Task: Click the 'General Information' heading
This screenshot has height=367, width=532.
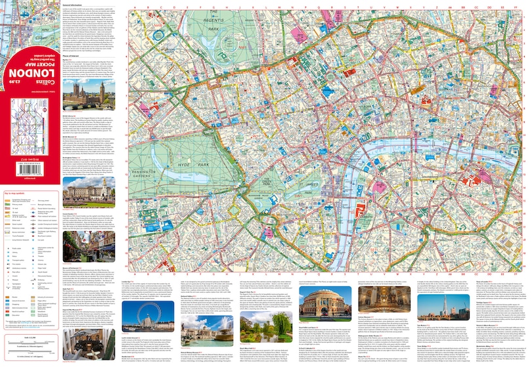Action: (x=75, y=5)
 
